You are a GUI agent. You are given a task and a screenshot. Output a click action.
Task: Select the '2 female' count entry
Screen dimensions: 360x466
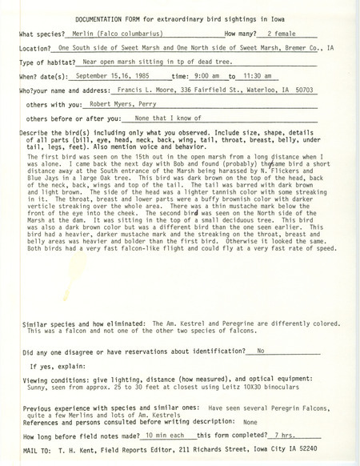pyautogui.click(x=287, y=35)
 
